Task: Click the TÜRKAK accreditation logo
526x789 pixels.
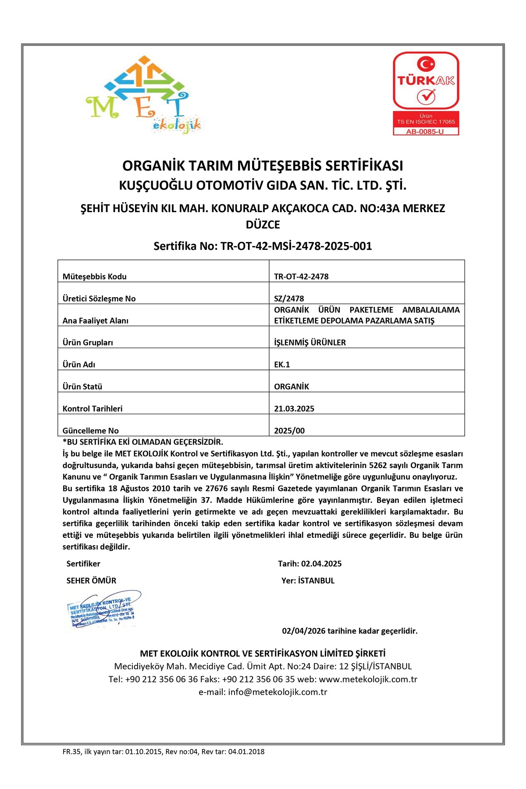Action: click(426, 81)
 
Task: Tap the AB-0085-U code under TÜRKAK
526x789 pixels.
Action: click(425, 131)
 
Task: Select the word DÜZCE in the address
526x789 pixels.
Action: click(263, 225)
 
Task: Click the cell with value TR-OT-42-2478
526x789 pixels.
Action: click(301, 277)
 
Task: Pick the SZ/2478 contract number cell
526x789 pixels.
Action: click(289, 299)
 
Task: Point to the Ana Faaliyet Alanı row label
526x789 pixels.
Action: click(96, 320)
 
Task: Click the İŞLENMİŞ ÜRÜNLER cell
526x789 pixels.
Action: click(310, 342)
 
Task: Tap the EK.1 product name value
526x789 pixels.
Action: click(282, 364)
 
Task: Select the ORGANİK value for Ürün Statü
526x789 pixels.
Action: click(291, 387)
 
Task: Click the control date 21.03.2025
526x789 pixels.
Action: click(294, 409)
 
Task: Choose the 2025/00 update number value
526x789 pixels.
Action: click(289, 430)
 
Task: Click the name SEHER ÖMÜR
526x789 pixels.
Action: click(91, 580)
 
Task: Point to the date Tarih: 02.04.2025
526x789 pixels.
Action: click(309, 564)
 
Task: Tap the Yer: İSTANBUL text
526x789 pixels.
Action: click(308, 580)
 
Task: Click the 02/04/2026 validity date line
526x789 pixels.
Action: click(349, 631)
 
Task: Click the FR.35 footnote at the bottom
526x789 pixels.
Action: click(163, 751)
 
